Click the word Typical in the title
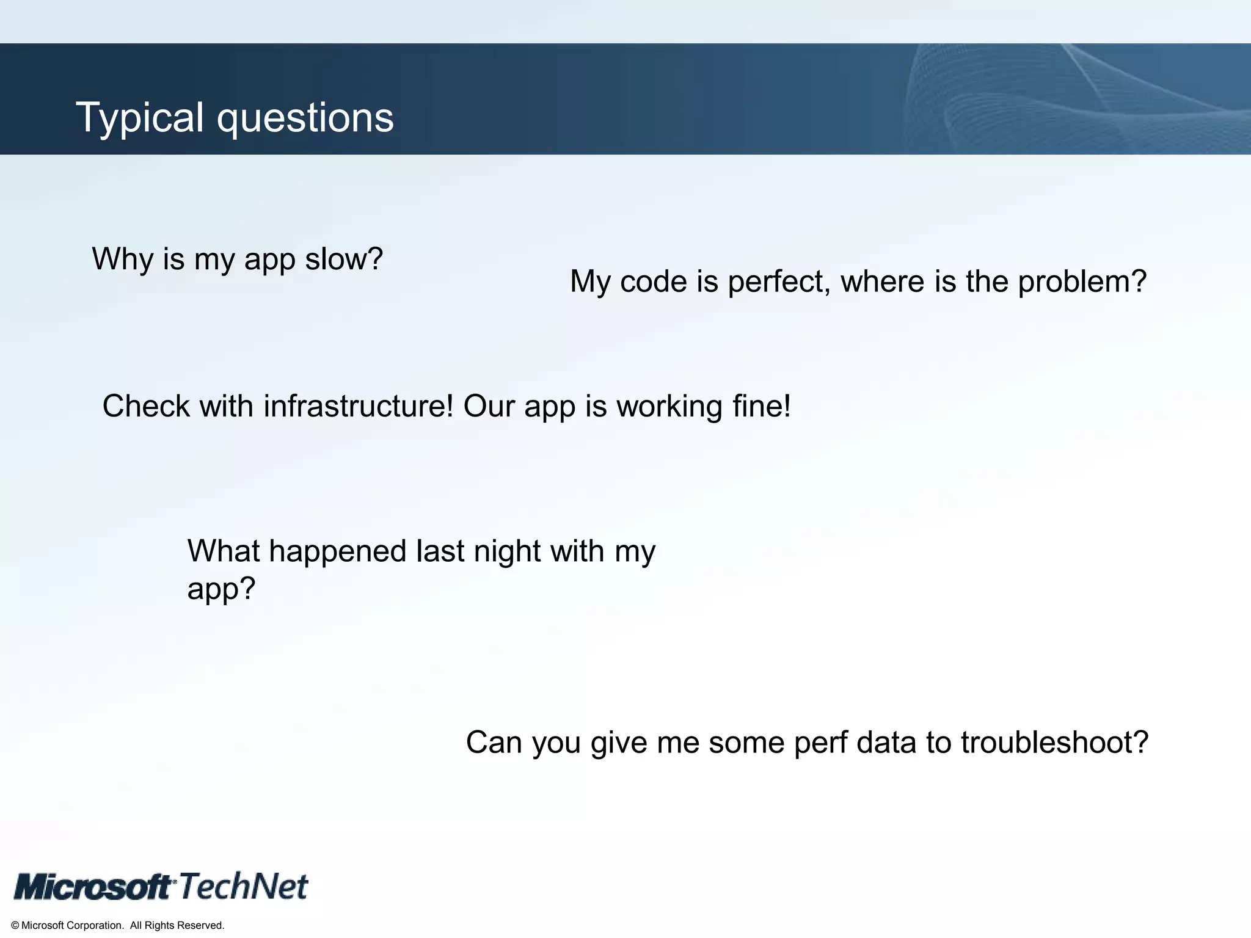point(139,117)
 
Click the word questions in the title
point(305,118)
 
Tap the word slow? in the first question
point(344,259)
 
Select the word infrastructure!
point(358,406)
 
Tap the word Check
point(146,406)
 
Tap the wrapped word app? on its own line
point(221,589)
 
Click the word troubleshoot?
point(1054,743)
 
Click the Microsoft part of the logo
point(93,886)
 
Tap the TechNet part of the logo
point(243,886)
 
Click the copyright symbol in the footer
point(15,926)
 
